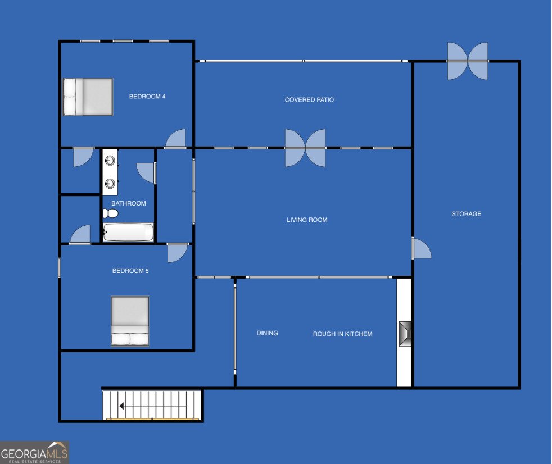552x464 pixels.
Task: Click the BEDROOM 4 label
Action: (x=147, y=97)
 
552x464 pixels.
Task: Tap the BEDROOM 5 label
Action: (x=130, y=271)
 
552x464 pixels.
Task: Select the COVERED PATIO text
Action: (x=309, y=100)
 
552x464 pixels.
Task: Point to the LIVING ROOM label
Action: (x=307, y=220)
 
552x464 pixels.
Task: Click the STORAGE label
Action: (x=466, y=214)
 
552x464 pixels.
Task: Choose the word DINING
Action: (x=267, y=333)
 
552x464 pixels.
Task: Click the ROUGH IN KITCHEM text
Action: (x=342, y=334)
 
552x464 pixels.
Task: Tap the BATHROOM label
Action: (x=128, y=203)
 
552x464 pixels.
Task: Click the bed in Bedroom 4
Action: (x=88, y=97)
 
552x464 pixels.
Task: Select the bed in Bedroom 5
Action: (x=130, y=321)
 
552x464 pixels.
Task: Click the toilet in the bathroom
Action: (x=110, y=213)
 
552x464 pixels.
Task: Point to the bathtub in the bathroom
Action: (x=128, y=232)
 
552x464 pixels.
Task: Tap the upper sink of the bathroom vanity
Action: (x=110, y=161)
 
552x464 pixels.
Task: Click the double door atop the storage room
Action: (x=467, y=61)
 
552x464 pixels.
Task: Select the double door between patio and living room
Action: (x=305, y=148)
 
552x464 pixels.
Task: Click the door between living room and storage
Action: (x=421, y=248)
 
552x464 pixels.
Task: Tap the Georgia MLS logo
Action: (x=34, y=452)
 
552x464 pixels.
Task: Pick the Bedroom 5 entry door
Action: (x=178, y=252)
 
